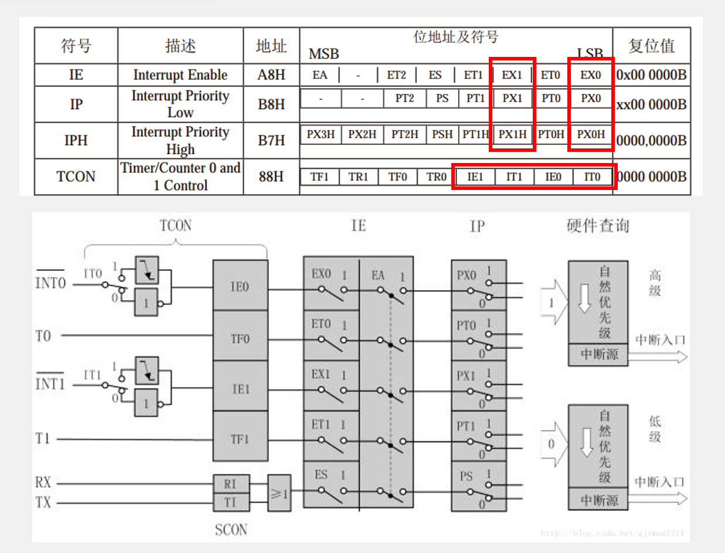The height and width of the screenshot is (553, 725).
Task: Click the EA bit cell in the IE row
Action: pyautogui.click(x=320, y=75)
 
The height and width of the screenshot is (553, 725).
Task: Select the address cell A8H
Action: pyautogui.click(x=271, y=75)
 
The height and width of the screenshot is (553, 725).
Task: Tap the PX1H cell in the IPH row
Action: pyautogui.click(x=513, y=134)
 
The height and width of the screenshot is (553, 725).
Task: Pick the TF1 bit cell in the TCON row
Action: pyautogui.click(x=319, y=177)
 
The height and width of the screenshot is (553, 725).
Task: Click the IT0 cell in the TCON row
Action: pyautogui.click(x=592, y=177)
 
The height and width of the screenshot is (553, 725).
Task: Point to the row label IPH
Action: pyautogui.click(x=76, y=141)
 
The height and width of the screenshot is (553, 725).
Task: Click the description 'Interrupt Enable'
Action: pyautogui.click(x=180, y=75)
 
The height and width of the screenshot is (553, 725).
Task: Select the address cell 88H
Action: pyautogui.click(x=271, y=177)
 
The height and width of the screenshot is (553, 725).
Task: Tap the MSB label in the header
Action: pyautogui.click(x=324, y=55)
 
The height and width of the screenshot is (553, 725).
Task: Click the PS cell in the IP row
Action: pyautogui.click(x=443, y=99)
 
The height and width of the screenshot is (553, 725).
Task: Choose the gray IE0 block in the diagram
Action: pyautogui.click(x=240, y=286)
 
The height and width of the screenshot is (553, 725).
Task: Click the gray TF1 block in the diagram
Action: pyautogui.click(x=240, y=437)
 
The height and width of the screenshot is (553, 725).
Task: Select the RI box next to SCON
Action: pyautogui.click(x=230, y=484)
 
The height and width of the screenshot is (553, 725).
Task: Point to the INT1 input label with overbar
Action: pyautogui.click(x=50, y=384)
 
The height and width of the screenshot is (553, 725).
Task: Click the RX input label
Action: pyautogui.click(x=43, y=483)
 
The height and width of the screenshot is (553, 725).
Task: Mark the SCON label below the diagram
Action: pyautogui.click(x=231, y=530)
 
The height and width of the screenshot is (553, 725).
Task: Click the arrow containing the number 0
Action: pyautogui.click(x=553, y=444)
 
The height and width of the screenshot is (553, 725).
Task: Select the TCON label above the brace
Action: pyautogui.click(x=175, y=225)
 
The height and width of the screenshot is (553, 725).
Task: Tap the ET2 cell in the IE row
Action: pyautogui.click(x=396, y=75)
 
